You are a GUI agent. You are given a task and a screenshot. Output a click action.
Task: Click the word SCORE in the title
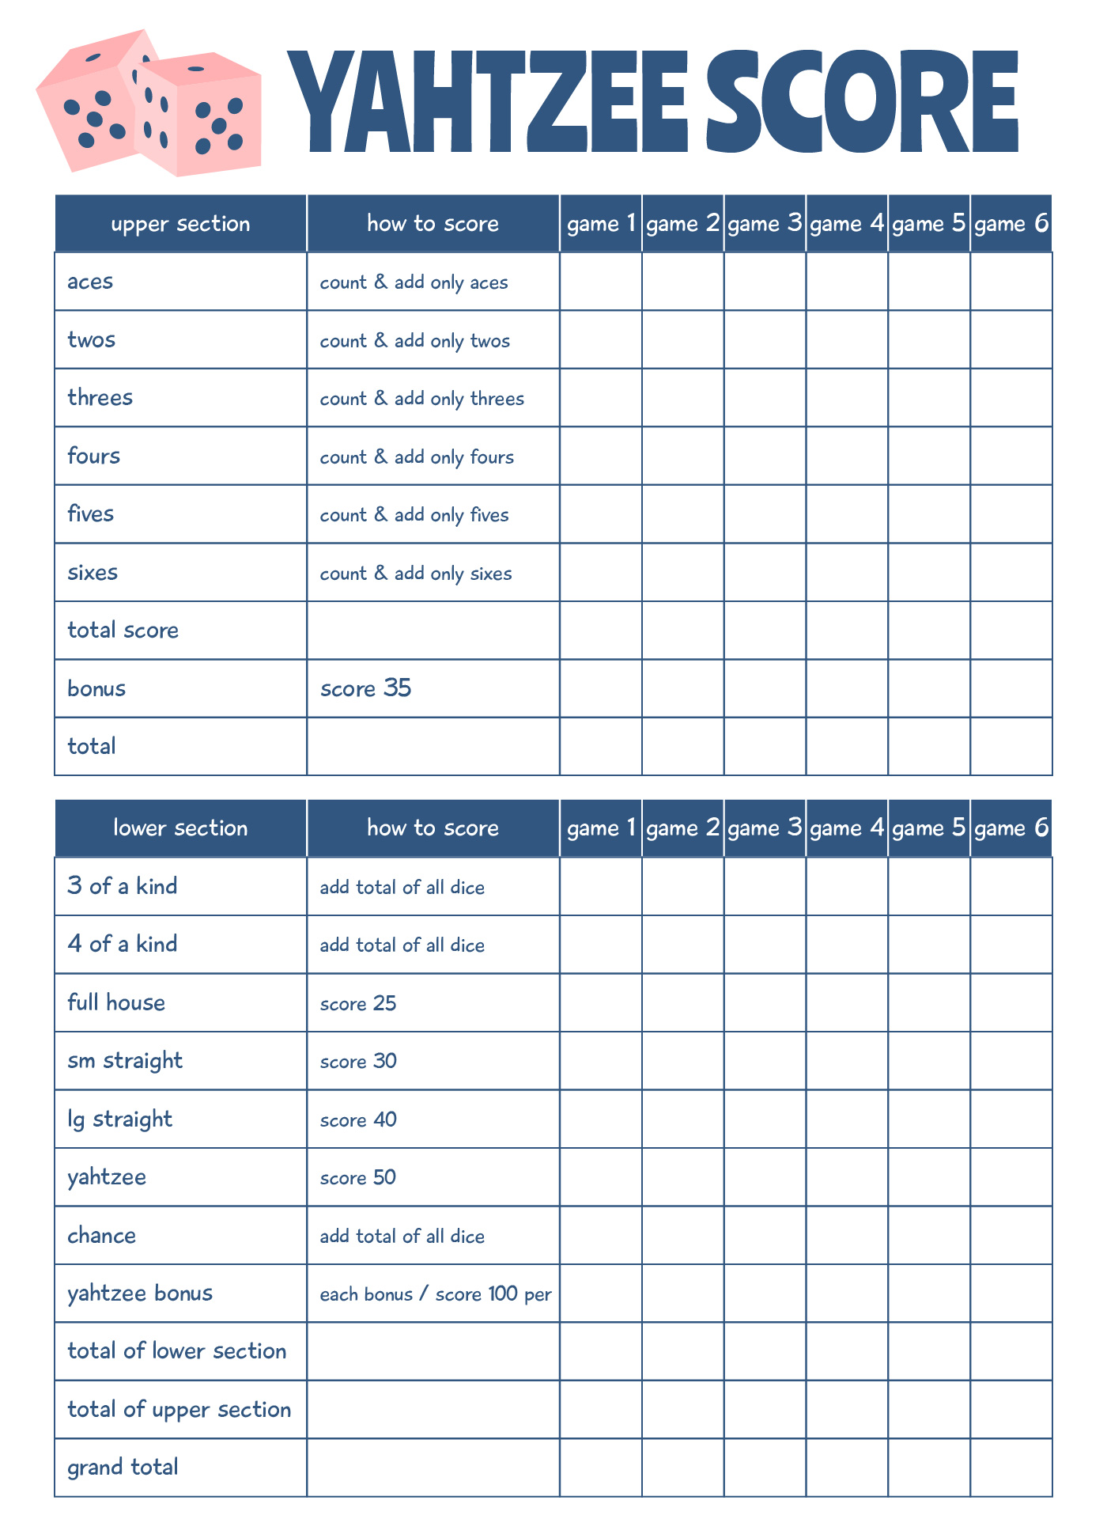862,100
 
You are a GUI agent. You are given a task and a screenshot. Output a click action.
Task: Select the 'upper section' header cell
180,224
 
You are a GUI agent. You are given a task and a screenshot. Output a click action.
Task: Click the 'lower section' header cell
180,828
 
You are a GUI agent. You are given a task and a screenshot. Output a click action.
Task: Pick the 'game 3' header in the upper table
765,224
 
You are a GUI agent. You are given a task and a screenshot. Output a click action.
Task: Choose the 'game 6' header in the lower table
1011,828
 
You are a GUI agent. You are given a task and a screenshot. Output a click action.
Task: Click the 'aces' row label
90,282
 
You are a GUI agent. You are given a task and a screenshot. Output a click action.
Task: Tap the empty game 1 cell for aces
601,282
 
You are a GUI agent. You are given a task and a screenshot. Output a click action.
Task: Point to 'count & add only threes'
421,398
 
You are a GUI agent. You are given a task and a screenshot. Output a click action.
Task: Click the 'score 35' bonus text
365,688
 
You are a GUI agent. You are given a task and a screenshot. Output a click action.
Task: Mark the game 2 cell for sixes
682,572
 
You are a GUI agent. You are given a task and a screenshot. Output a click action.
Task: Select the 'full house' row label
116,1002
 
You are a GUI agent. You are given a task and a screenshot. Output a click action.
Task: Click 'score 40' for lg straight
358,1119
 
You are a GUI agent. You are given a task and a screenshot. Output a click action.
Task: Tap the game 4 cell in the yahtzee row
847,1177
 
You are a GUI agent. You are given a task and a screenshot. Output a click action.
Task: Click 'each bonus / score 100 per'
435,1294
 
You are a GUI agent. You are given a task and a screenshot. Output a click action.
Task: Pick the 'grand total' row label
123,1468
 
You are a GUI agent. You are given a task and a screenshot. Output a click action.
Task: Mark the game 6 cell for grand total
1011,1468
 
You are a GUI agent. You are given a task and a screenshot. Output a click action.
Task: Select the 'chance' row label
101,1236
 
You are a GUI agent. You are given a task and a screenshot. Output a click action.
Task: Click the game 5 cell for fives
929,514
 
